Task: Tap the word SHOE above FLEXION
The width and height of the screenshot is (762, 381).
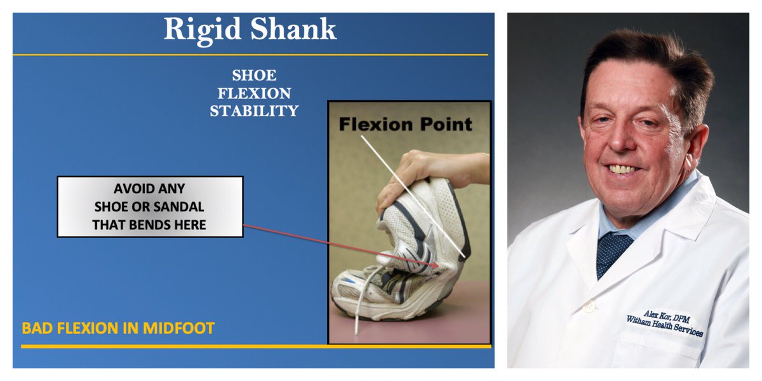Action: [x=254, y=76]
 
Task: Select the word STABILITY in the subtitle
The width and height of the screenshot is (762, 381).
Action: [x=254, y=111]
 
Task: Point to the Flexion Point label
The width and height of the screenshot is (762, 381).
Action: [x=406, y=124]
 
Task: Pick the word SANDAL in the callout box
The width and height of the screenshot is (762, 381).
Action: [x=179, y=207]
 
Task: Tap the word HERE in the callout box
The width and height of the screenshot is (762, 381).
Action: [x=187, y=224]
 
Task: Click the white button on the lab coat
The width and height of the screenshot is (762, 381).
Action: [x=591, y=308]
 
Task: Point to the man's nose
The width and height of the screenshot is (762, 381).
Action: [x=619, y=145]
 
